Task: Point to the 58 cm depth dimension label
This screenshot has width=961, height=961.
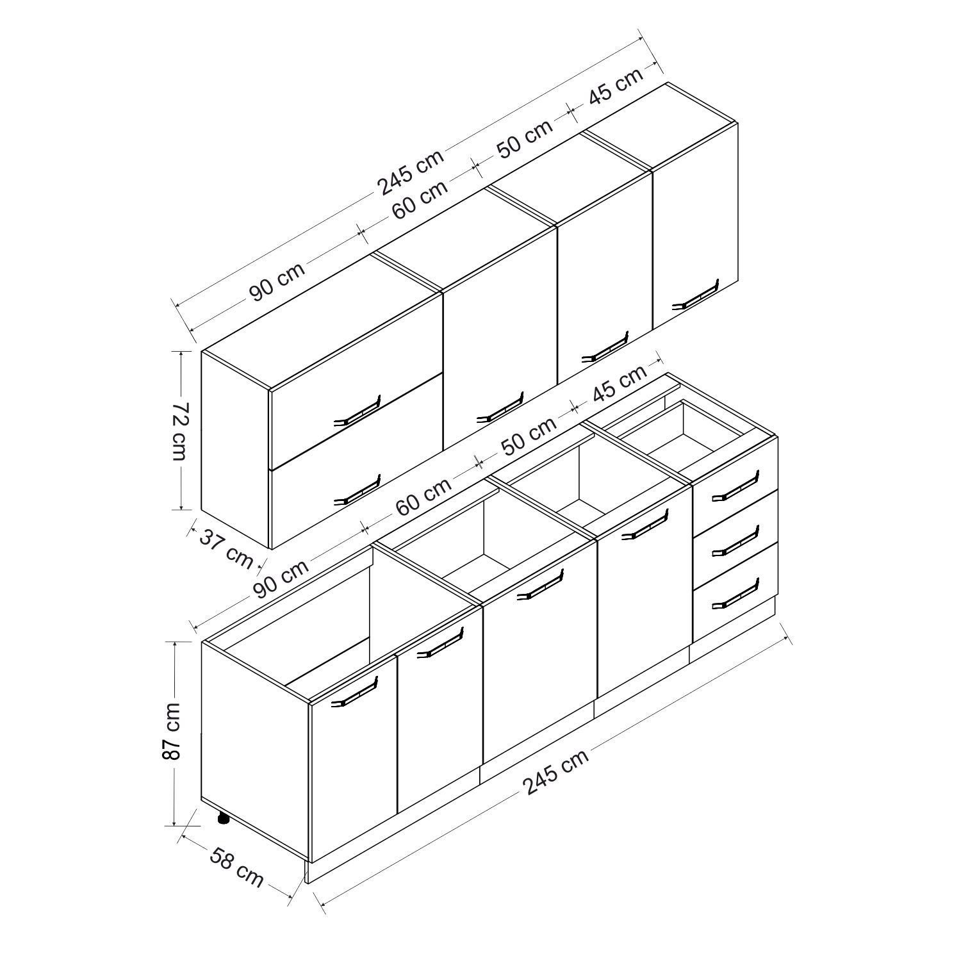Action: tap(235, 867)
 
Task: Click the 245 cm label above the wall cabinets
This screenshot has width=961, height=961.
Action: tap(410, 172)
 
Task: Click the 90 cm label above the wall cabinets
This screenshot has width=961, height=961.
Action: tap(277, 281)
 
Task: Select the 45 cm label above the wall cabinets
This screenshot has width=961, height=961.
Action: tap(615, 86)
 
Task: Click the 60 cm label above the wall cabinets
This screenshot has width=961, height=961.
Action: tap(420, 199)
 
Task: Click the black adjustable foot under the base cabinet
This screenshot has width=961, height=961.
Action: tap(223, 818)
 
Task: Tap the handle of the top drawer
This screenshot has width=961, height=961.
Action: tap(735, 485)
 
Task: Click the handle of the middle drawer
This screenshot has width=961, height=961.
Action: tap(735, 541)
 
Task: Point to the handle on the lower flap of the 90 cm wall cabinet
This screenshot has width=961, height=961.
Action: tap(357, 490)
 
